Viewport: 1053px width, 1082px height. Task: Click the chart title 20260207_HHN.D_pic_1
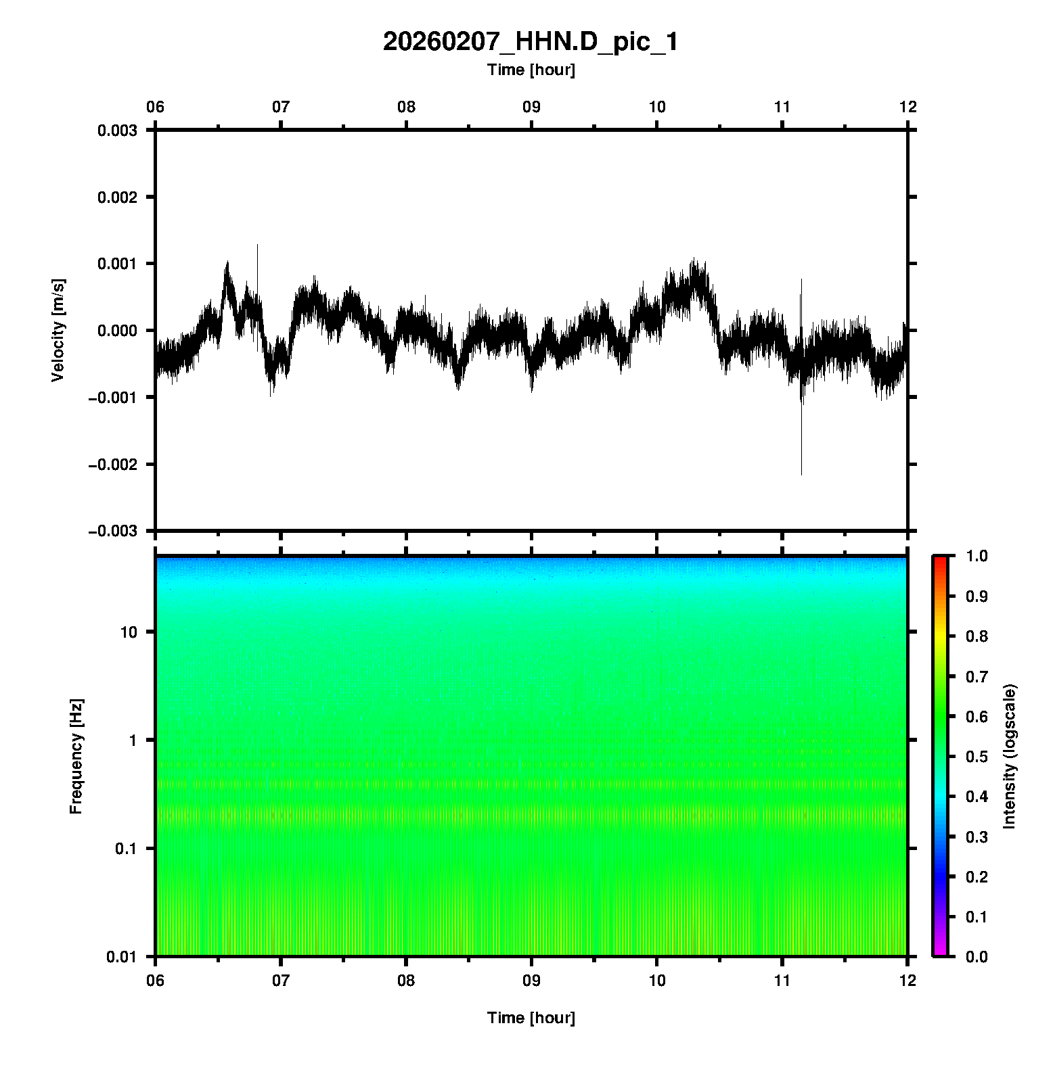531,42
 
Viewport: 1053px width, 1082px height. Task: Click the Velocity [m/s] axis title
58,330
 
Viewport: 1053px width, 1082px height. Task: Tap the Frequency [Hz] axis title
76,757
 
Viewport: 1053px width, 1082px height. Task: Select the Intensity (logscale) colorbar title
1010,756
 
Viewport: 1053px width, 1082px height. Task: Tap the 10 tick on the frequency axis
129,632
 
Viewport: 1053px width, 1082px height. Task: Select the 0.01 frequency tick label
123,957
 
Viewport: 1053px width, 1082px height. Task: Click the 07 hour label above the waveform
281,107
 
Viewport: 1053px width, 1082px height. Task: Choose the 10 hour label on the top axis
657,107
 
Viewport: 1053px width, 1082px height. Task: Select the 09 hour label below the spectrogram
532,981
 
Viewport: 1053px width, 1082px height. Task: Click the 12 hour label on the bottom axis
908,981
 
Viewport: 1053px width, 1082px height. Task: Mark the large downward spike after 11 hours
801,460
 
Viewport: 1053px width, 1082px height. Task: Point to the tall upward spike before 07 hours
257,254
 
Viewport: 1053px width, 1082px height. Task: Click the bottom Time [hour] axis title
531,1018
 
